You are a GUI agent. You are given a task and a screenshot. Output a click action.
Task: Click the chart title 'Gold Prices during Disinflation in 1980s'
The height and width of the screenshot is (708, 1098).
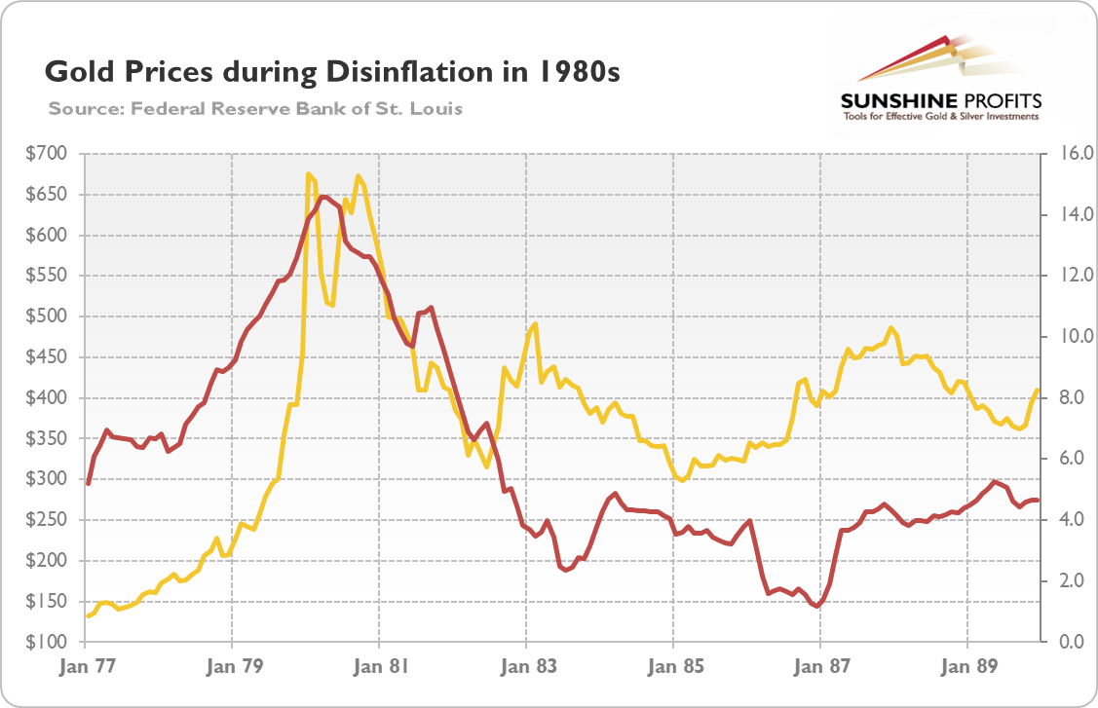tap(331, 73)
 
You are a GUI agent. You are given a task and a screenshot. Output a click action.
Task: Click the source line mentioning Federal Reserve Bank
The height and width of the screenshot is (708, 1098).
tap(255, 108)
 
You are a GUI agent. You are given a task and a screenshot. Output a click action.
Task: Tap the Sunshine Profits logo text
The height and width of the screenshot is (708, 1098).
tap(940, 101)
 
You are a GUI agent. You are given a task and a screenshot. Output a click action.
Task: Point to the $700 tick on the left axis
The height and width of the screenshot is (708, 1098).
tap(48, 154)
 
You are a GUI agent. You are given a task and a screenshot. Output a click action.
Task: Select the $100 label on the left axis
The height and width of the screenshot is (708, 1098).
tap(48, 643)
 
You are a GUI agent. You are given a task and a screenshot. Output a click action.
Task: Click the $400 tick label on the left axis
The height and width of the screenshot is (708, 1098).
tap(48, 398)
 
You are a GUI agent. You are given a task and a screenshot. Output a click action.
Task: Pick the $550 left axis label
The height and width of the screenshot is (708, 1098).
tap(48, 276)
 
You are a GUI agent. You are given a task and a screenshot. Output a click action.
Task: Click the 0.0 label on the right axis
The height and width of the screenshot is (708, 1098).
tap(1061, 643)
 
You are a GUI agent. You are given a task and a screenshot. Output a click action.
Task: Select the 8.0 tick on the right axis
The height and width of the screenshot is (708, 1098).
tap(1061, 398)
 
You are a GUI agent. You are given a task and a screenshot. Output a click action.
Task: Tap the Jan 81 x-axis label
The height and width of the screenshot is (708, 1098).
tap(378, 668)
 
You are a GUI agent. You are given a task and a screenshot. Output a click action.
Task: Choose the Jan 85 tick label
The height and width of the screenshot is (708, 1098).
tap(672, 668)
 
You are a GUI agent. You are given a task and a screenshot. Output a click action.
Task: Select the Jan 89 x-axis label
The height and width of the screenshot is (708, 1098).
tap(966, 668)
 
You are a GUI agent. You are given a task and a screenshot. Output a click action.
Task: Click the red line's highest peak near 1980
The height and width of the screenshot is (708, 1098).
tap(324, 197)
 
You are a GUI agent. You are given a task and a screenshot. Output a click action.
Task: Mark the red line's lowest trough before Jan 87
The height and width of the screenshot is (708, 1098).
tap(816, 606)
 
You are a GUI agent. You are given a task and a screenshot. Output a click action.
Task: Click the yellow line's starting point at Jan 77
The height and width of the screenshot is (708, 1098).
tap(87, 616)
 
